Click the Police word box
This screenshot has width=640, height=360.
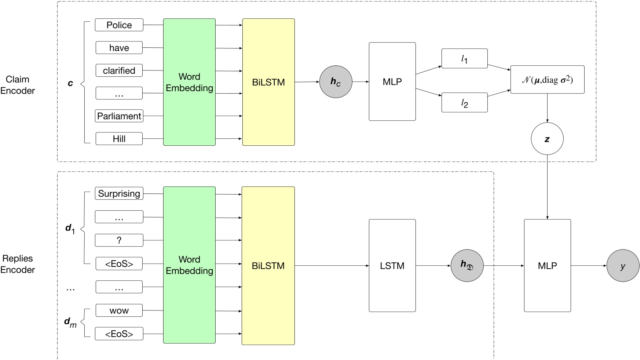(x=119, y=25)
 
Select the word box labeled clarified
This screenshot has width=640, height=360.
(x=119, y=70)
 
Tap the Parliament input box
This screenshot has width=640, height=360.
(x=119, y=116)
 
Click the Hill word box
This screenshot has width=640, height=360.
(x=119, y=139)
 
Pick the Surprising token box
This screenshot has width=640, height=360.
(x=119, y=193)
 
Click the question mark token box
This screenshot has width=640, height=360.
(x=119, y=240)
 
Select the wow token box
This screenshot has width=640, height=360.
(x=119, y=310)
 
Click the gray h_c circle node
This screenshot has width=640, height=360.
(x=336, y=82)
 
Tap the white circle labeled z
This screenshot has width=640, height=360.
(x=547, y=139)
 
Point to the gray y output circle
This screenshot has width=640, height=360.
(x=623, y=266)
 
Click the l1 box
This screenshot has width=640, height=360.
(x=464, y=58)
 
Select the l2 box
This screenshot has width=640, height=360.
(x=464, y=102)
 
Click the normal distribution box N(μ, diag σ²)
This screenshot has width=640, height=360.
(x=547, y=80)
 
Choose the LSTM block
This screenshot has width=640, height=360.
(x=392, y=266)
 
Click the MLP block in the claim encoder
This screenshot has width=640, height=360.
(x=392, y=81)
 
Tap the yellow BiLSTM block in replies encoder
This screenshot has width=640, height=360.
(x=268, y=266)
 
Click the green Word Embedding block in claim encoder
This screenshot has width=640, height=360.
(x=189, y=82)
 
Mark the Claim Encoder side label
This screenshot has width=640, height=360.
(x=17, y=85)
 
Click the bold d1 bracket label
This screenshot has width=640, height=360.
(x=70, y=229)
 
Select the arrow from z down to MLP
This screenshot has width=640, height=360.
(x=547, y=187)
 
